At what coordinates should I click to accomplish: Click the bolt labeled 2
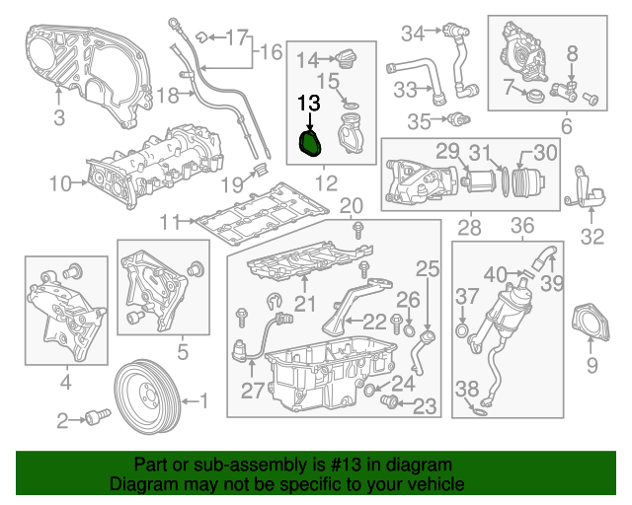(x=97, y=418)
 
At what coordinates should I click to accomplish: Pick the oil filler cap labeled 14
(x=343, y=58)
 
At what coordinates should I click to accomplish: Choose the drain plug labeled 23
(x=389, y=402)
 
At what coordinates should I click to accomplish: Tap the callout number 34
(x=413, y=33)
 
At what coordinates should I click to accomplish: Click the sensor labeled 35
(x=455, y=120)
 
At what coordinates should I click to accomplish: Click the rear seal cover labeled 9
(x=592, y=326)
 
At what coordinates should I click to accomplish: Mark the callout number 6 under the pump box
(x=566, y=126)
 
